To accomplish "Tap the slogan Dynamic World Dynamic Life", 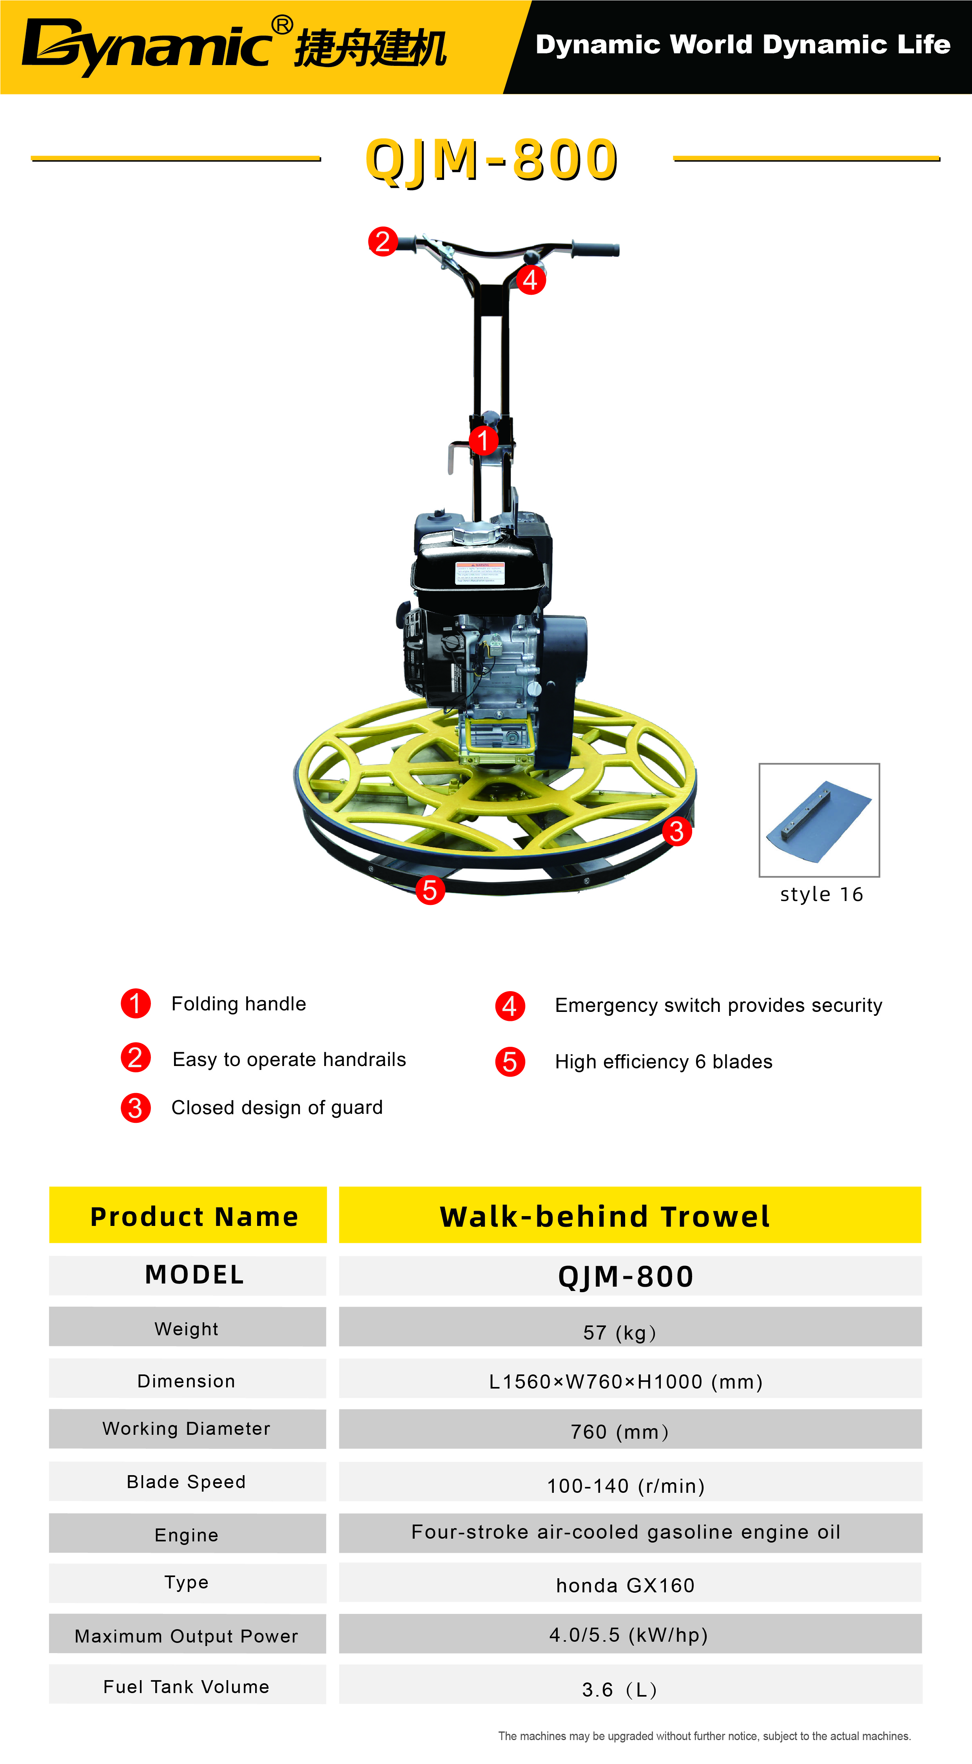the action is click(743, 45).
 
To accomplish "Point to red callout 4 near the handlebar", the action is click(530, 279).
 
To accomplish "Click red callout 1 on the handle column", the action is click(483, 440).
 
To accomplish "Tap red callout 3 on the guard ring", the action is click(677, 831).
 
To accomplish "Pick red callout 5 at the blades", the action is click(430, 890).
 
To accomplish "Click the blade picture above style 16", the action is click(819, 819).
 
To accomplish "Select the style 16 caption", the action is click(821, 894).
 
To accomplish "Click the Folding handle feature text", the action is click(238, 1004).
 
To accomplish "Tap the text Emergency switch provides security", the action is click(718, 1005).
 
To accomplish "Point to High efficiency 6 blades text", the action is click(664, 1061).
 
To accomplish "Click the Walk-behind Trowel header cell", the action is click(630, 1215).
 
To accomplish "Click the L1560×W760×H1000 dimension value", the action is click(626, 1382).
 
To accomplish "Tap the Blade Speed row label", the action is click(186, 1482).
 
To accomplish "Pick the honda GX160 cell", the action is click(626, 1585).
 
